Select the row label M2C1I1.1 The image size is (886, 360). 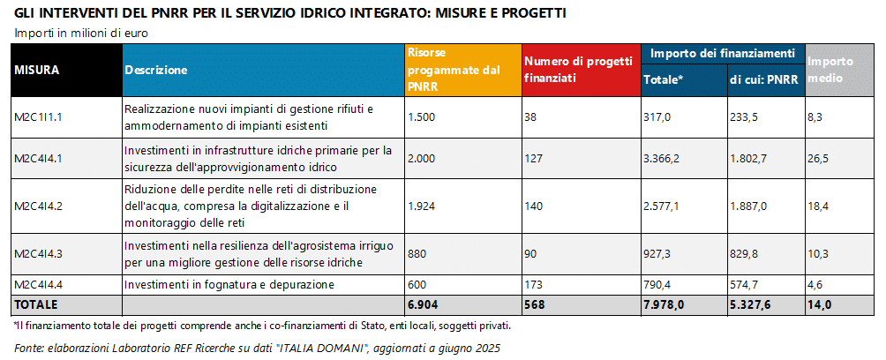(x=39, y=116)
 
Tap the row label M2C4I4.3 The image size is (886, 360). (x=40, y=254)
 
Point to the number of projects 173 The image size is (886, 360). (x=536, y=285)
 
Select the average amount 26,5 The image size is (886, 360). (x=820, y=159)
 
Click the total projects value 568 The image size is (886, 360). (x=537, y=304)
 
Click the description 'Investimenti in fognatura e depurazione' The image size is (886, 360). (x=229, y=285)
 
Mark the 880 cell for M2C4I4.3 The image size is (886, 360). (x=417, y=254)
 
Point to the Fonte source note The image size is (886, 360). (x=257, y=348)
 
